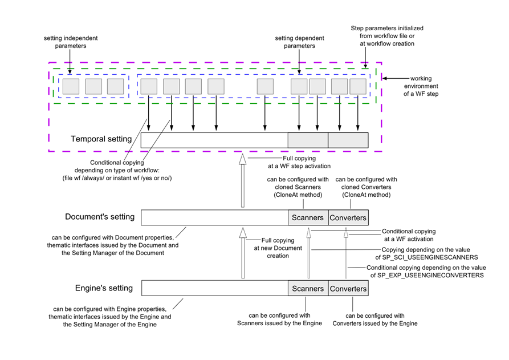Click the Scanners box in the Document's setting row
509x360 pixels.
point(308,217)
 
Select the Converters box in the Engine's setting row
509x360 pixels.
point(348,289)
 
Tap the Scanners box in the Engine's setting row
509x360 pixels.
point(308,289)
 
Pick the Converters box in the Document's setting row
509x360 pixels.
point(348,217)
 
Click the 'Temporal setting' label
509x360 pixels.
point(101,139)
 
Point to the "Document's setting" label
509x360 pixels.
point(100,217)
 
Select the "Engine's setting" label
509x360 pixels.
point(104,288)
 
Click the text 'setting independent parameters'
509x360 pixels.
point(70,42)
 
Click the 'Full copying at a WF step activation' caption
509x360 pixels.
point(306,162)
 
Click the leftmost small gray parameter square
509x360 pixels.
point(71,86)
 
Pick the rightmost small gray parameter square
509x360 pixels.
point(358,86)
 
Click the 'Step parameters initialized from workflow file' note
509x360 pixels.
point(387,36)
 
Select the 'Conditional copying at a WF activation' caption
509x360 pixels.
point(408,235)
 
